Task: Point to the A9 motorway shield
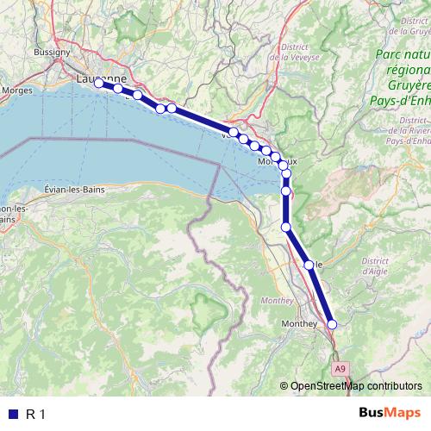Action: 340,368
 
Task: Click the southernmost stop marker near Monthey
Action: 332,324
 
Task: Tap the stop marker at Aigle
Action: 309,265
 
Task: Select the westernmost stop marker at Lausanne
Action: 98,83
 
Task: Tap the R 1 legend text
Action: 35,414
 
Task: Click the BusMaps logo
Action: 391,414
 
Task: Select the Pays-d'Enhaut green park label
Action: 405,100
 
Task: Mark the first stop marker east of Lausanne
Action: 118,88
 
